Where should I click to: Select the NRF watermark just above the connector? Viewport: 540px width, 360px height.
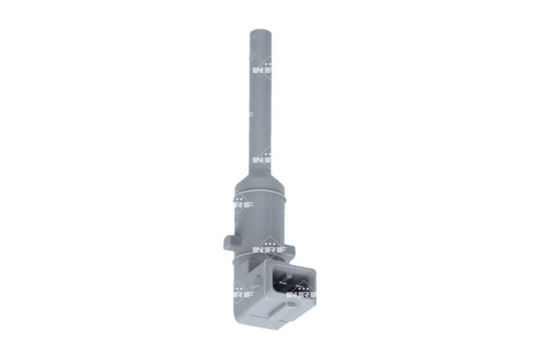coord(269,248)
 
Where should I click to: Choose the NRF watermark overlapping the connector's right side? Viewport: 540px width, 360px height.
coord(303,293)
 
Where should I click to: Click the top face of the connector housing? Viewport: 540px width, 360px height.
coord(287,265)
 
